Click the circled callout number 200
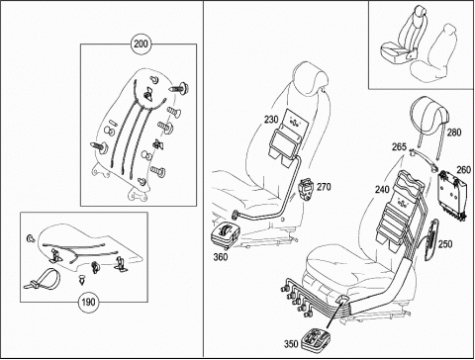142,45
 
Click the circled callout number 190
88,302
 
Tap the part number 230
271,120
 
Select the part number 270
324,187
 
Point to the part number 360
221,256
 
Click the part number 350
291,344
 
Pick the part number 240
382,190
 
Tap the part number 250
445,244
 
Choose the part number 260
463,170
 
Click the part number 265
399,146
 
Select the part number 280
454,133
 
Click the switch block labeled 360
225,235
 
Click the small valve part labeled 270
306,189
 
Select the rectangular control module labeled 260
452,197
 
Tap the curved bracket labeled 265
423,159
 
